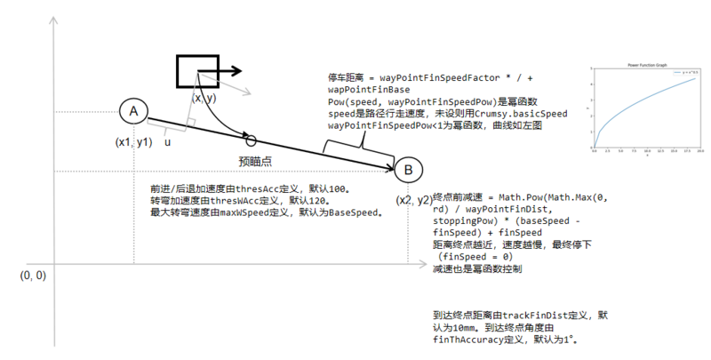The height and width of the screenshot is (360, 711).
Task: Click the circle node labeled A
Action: tap(132, 111)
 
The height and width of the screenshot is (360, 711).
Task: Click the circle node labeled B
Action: tap(408, 170)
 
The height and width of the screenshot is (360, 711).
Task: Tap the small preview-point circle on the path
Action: tap(251, 140)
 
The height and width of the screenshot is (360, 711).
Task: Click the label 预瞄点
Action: tap(255, 161)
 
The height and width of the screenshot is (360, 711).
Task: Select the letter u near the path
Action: tap(167, 141)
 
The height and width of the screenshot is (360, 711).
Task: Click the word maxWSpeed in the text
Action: tap(271, 213)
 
